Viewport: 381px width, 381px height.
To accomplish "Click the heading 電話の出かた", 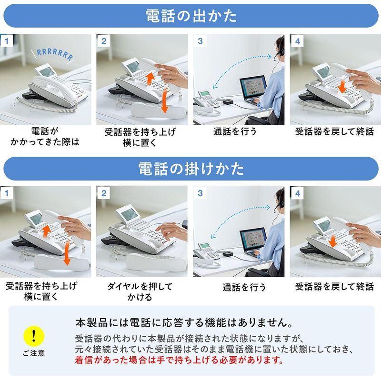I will (x=190, y=16).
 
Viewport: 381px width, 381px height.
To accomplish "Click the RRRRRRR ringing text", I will (x=55, y=54).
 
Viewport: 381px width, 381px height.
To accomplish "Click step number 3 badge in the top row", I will (x=200, y=41).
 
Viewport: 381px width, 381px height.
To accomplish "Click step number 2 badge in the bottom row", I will (x=103, y=193).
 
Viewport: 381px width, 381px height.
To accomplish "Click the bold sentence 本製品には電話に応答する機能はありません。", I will (x=184, y=322).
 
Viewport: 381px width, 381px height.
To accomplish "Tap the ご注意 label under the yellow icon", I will (x=33, y=353).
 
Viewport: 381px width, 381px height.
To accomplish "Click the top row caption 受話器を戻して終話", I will (x=334, y=131).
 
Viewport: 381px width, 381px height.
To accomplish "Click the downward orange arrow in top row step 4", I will (x=342, y=87).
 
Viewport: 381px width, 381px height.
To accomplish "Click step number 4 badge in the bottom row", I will (x=297, y=193).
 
